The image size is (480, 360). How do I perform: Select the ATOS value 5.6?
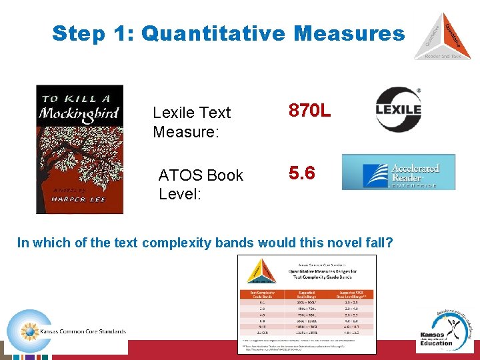click(301, 173)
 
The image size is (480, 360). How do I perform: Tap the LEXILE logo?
click(398, 109)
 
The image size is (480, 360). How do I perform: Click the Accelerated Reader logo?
click(399, 172)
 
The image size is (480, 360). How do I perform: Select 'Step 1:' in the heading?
click(93, 33)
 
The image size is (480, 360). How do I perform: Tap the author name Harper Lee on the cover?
click(65, 196)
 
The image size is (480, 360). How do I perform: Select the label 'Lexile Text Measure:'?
click(191, 122)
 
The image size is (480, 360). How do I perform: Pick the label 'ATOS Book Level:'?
click(201, 184)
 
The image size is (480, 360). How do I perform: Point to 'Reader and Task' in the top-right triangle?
click(442, 56)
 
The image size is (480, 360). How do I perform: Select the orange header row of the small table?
click(307, 293)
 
